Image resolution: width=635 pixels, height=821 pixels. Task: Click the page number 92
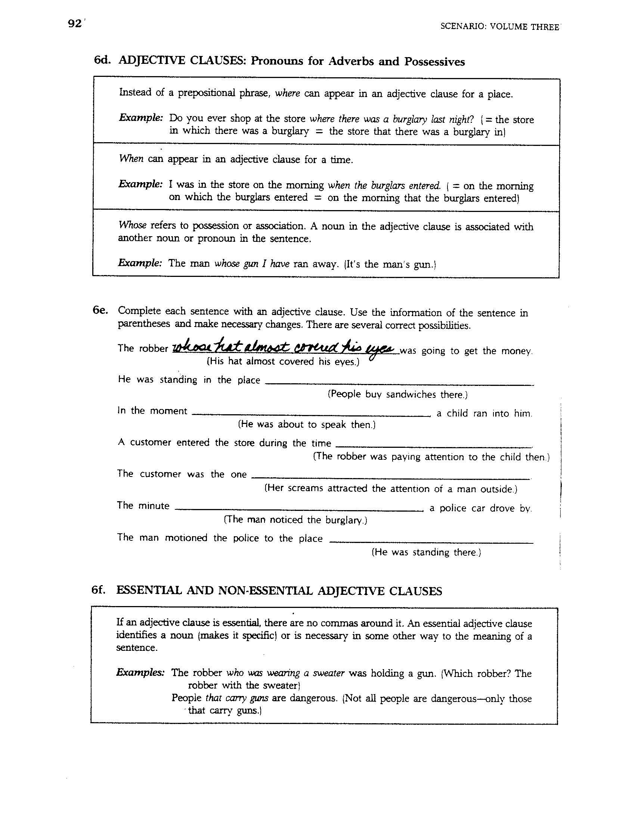tap(74, 24)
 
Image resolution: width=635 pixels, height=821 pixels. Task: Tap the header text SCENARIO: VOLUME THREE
tap(499, 27)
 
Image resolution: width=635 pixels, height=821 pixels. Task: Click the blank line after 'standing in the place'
tap(399, 384)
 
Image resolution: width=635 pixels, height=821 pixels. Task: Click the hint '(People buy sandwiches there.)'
tap(398, 394)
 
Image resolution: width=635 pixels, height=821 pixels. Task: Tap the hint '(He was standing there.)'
tap(426, 552)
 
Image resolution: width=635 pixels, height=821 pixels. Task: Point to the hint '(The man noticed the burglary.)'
tap(295, 520)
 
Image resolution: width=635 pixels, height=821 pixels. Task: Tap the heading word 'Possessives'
tap(434, 62)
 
